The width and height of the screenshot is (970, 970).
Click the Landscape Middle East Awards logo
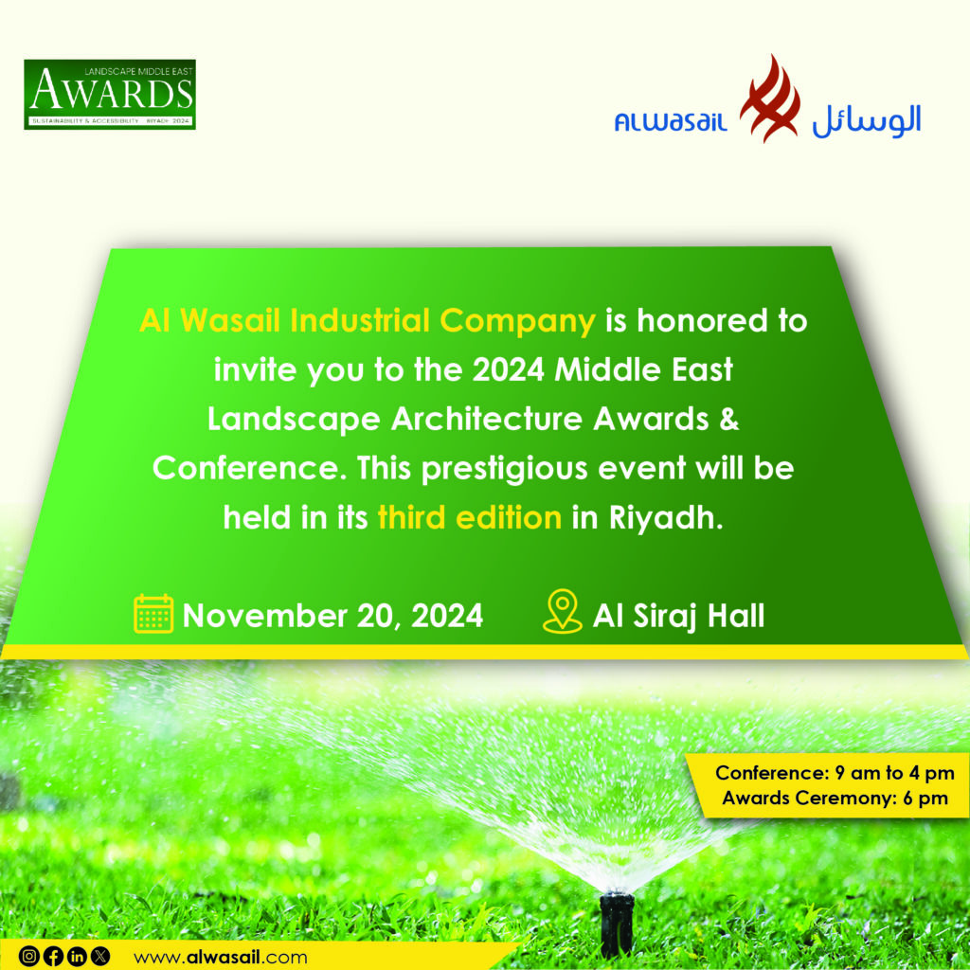coord(110,94)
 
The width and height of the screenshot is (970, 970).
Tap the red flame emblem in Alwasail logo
coord(769,99)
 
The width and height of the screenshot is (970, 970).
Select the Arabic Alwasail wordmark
coord(867,120)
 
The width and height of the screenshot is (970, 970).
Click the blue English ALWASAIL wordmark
coord(671,121)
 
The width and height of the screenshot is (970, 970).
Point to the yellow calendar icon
coord(153,613)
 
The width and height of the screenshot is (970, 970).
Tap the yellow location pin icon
coord(563,611)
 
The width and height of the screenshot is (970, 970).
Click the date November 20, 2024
coord(332,616)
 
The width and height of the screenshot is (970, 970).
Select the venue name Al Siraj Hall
coord(678,616)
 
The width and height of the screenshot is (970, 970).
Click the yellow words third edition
coord(470,517)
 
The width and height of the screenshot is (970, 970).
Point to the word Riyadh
coord(666,518)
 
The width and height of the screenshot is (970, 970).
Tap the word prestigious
coord(504,469)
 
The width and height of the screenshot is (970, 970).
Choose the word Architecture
coord(487,419)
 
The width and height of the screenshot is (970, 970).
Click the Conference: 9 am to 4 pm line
coord(835,773)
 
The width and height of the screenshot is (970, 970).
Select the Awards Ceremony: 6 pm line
coord(835,798)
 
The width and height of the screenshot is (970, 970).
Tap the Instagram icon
coord(29,957)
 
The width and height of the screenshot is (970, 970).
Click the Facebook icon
coord(53,957)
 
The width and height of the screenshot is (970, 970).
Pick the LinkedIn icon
coord(77,957)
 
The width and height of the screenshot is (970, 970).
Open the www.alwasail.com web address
coord(220,958)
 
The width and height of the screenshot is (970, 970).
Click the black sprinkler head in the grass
coord(617,923)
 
